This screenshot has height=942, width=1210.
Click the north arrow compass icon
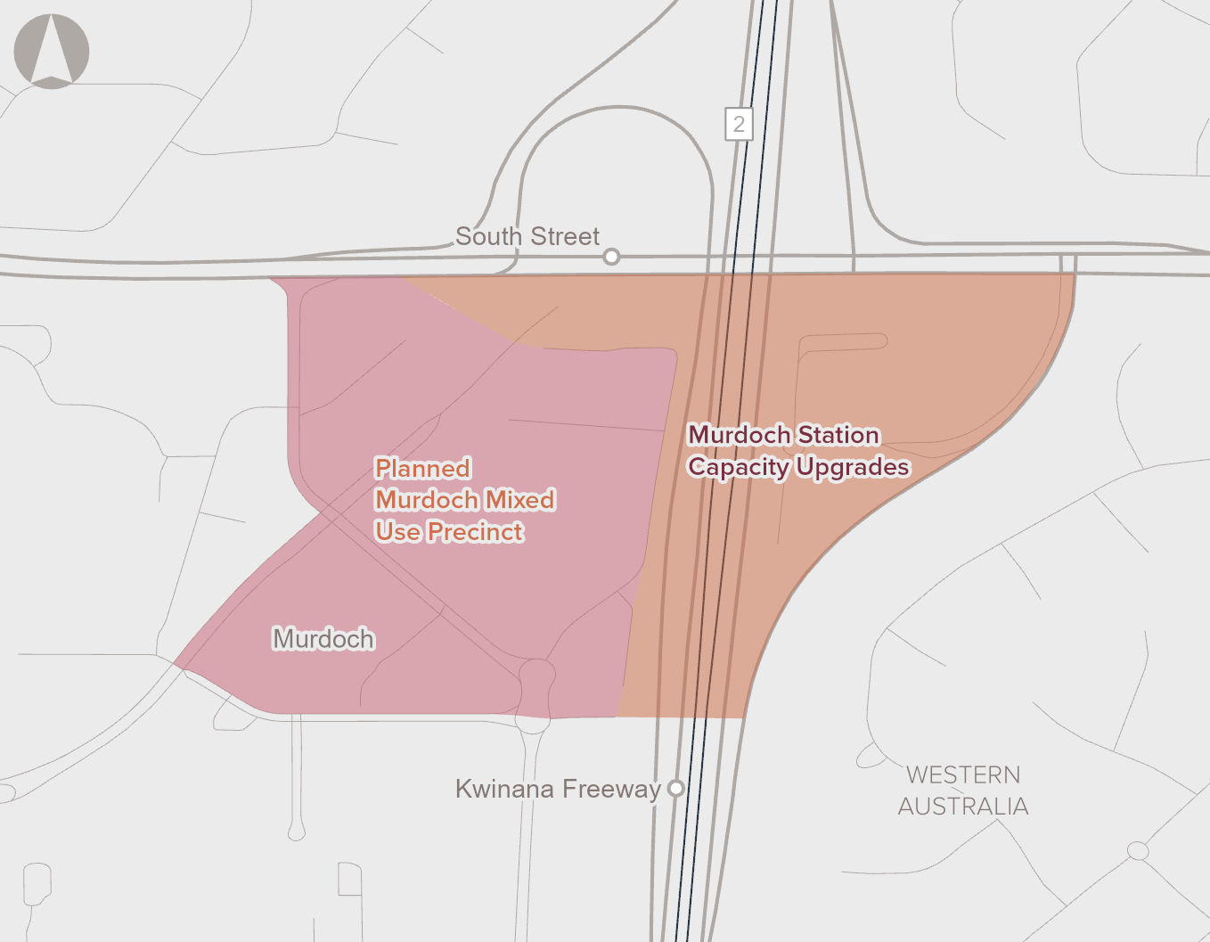point(52,51)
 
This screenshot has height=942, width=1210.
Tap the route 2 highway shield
point(739,124)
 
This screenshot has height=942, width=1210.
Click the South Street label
point(527,236)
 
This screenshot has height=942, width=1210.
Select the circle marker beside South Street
point(611,257)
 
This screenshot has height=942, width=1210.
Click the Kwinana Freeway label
point(558,789)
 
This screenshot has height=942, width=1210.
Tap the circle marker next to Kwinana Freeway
point(676,788)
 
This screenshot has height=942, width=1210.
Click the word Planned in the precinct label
point(422,469)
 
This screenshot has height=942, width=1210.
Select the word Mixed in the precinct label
point(519,500)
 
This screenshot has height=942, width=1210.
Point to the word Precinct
point(475,532)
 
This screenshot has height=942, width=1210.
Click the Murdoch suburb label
point(323,639)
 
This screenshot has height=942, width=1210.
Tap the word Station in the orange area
point(838,435)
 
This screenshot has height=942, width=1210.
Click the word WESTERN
point(963,775)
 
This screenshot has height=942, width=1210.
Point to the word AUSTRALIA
point(963,807)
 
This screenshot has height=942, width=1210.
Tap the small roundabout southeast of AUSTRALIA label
point(1138,850)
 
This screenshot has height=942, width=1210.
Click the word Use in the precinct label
point(397,532)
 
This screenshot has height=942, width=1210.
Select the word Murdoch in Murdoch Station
point(740,435)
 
